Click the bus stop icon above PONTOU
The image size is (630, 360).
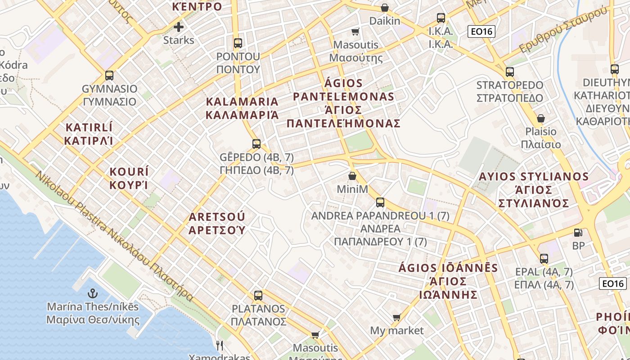coord(238,44)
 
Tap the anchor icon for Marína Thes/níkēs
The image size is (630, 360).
coord(93,294)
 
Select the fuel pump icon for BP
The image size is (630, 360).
coord(578,233)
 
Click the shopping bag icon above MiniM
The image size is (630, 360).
coord(352,176)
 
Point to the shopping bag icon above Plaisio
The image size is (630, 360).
coord(541,118)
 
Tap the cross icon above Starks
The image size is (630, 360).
coord(179,27)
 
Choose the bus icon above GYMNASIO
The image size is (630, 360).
coord(109,76)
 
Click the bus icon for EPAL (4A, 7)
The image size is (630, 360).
coord(544,259)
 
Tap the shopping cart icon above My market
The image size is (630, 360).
coord(396,318)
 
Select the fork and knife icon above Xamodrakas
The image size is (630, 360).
coord(220,345)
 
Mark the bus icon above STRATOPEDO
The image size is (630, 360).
coord(509,72)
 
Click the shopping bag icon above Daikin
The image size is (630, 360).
coord(384,8)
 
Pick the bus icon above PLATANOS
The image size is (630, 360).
coord(258,296)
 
